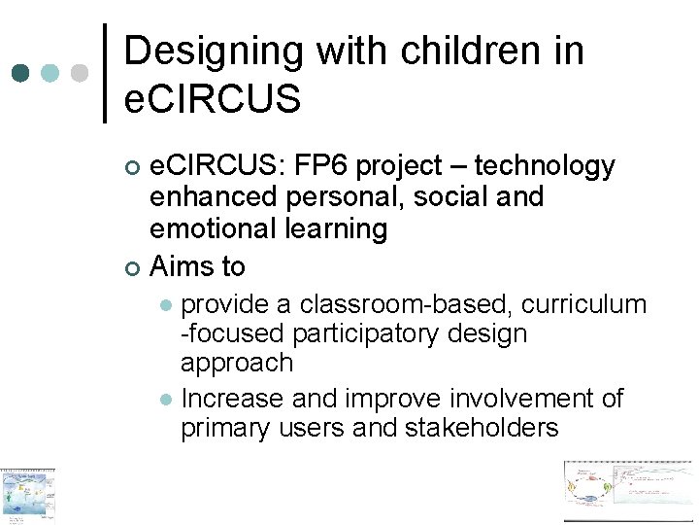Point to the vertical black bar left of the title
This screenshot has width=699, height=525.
105,73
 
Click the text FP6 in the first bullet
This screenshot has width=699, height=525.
319,167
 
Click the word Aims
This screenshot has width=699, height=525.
183,265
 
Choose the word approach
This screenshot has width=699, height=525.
236,364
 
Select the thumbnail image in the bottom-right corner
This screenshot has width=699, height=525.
630,493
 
